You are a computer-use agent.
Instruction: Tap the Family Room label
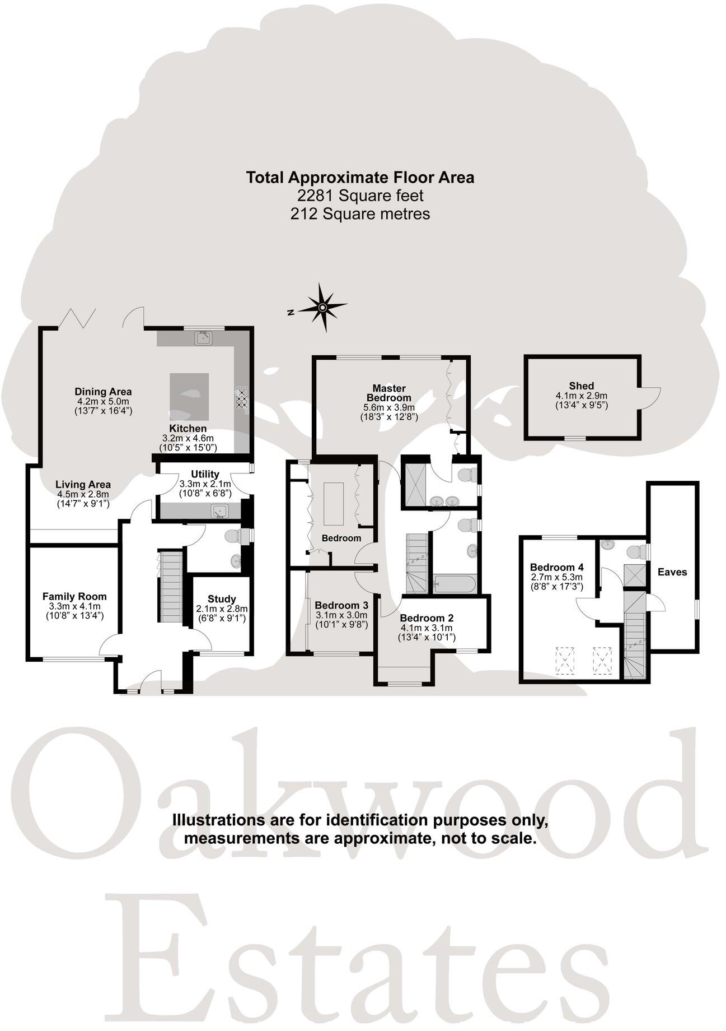pyautogui.click(x=74, y=597)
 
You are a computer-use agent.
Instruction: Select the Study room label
pyautogui.click(x=222, y=598)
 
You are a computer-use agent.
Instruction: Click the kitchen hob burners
pyautogui.click(x=242, y=398)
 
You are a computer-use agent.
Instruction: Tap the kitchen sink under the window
pyautogui.click(x=203, y=338)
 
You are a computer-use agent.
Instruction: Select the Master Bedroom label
pyautogui.click(x=389, y=393)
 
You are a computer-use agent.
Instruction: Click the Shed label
pyautogui.click(x=581, y=386)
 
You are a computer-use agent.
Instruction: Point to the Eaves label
pyautogui.click(x=672, y=572)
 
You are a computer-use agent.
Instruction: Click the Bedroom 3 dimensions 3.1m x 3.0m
pyautogui.click(x=341, y=615)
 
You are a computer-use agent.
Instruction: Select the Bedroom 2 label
pyautogui.click(x=427, y=618)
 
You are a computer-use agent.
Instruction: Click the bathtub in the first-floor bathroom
pyautogui.click(x=455, y=584)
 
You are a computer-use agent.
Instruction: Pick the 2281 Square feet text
pyautogui.click(x=360, y=196)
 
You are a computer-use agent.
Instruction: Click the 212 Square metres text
pyautogui.click(x=360, y=213)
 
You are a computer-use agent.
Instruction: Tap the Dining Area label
pyautogui.click(x=103, y=392)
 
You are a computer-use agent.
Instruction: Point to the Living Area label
pyautogui.click(x=83, y=485)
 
